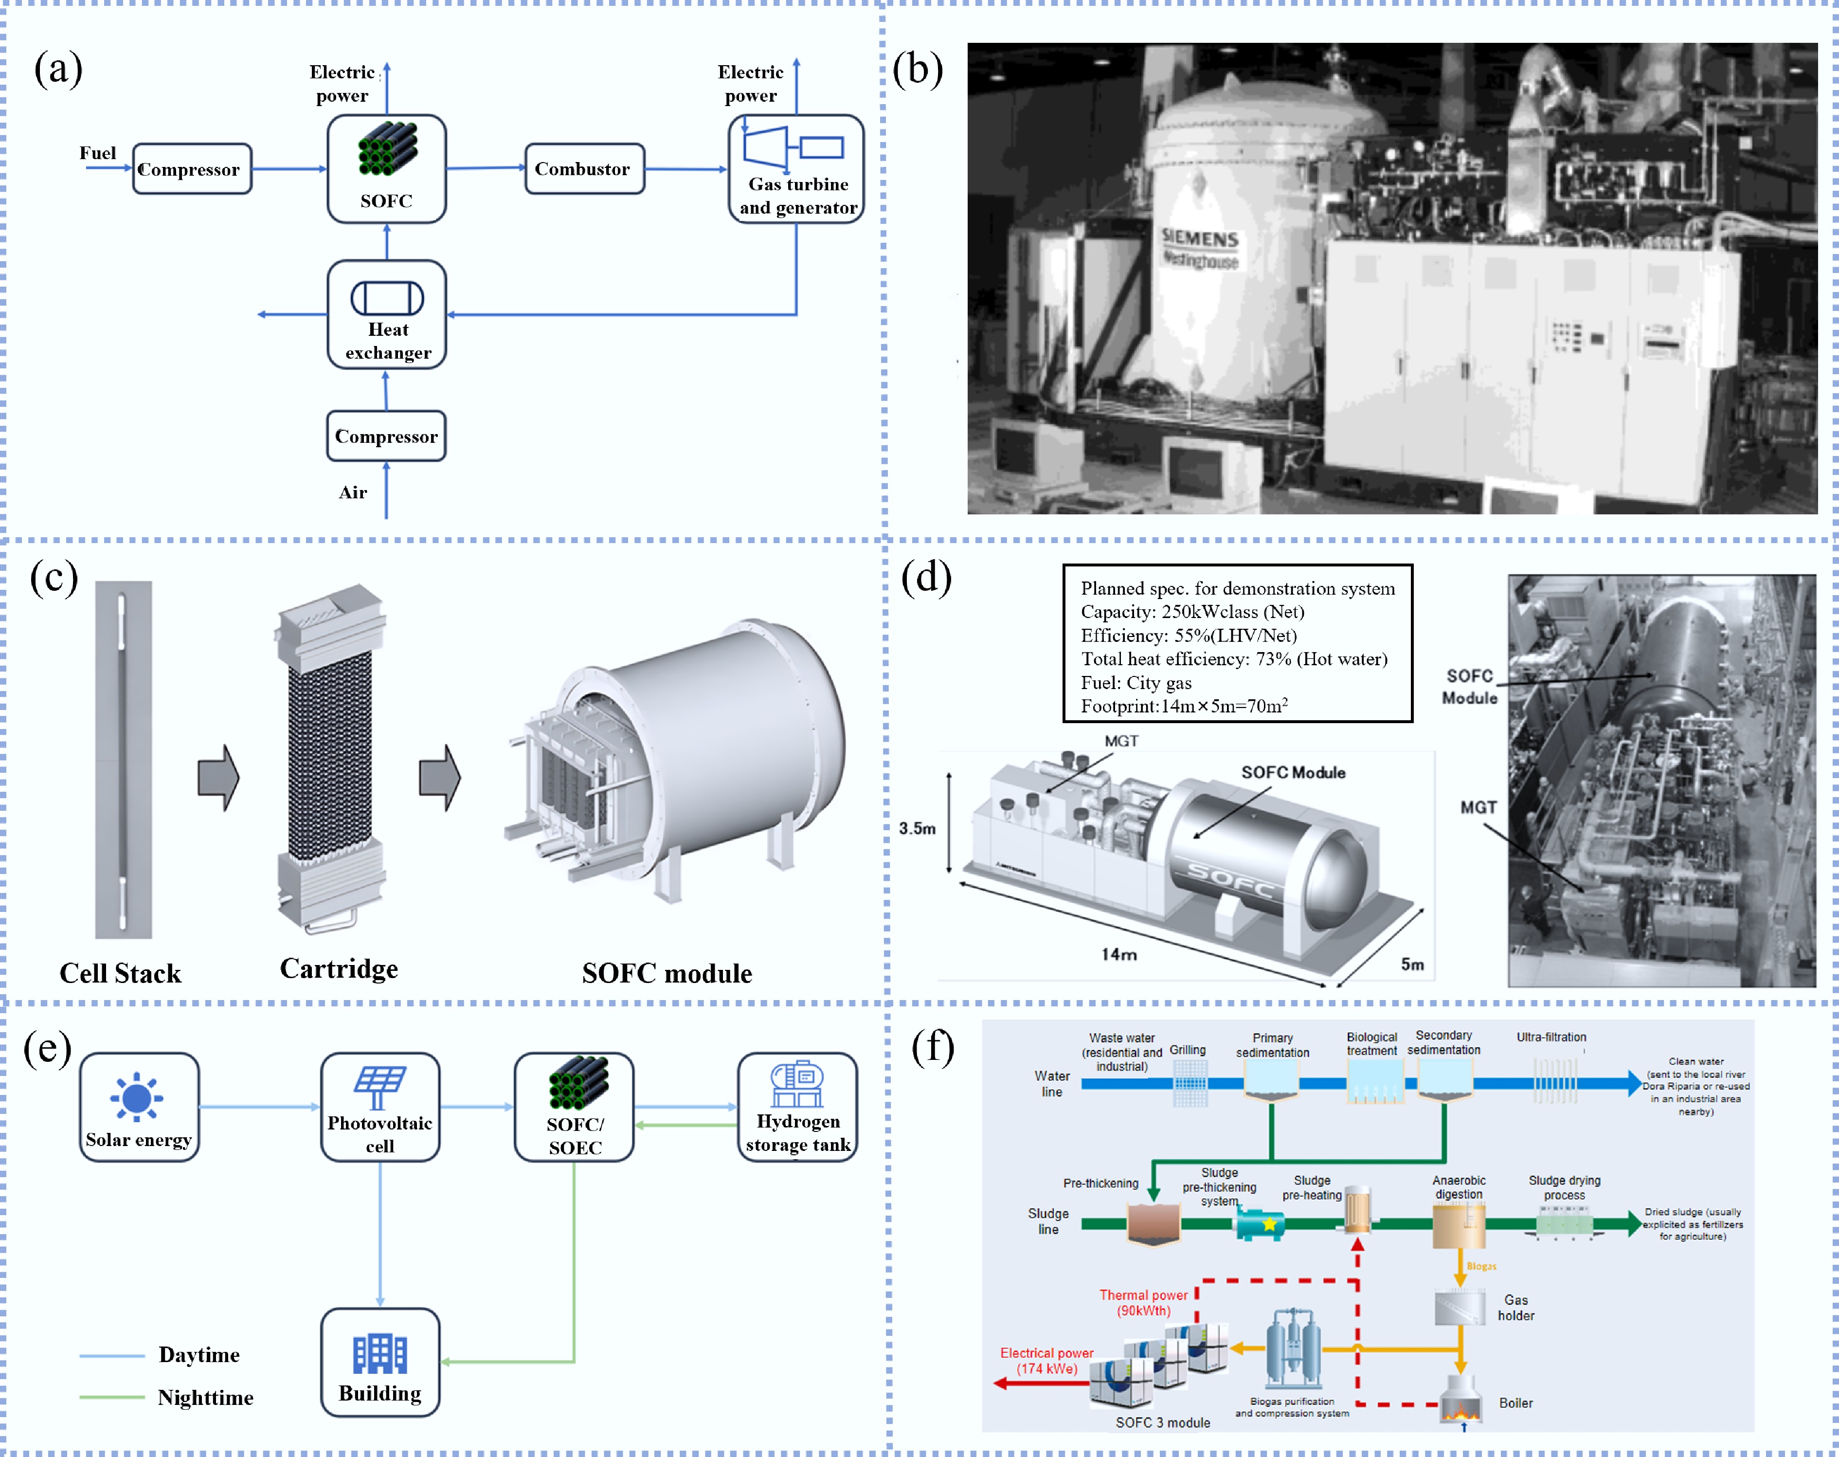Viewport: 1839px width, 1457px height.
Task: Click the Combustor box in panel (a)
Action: coord(584,169)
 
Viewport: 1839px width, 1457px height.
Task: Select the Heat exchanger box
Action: coord(387,315)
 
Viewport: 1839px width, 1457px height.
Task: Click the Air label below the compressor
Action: coord(353,492)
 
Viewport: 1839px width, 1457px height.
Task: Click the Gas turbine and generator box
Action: coord(796,170)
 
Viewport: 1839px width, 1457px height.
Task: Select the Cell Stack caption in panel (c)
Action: coord(120,973)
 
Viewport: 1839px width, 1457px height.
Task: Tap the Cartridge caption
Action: coord(339,968)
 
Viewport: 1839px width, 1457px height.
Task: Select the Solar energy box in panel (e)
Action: coord(139,1107)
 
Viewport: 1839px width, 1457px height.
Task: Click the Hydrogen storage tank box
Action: coord(797,1107)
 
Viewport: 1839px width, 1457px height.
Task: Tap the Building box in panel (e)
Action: coord(380,1362)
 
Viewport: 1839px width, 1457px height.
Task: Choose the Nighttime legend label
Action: coord(205,1397)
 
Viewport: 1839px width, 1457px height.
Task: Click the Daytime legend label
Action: coord(198,1355)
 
